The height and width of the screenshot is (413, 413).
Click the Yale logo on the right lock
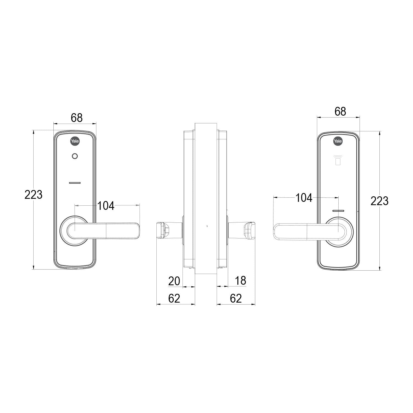click(338, 141)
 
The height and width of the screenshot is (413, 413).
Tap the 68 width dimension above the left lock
click(77, 118)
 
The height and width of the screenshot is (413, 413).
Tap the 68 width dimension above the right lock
click(340, 112)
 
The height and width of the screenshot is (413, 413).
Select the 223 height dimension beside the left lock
click(34, 195)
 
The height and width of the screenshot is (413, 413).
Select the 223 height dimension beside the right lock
click(379, 201)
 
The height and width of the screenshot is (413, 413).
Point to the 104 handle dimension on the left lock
click(106, 205)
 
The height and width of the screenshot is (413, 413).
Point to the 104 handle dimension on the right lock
click(304, 198)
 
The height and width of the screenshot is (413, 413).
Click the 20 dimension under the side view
click(174, 281)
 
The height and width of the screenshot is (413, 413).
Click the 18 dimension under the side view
click(240, 281)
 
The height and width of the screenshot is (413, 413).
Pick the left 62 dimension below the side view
click(174, 298)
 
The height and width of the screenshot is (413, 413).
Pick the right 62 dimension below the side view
click(236, 298)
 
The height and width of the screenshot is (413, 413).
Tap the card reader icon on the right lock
click(338, 160)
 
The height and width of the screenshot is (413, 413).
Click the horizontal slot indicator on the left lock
click(74, 183)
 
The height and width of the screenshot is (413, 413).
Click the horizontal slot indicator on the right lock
click(338, 211)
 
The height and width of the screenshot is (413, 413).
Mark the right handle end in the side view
click(249, 230)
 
